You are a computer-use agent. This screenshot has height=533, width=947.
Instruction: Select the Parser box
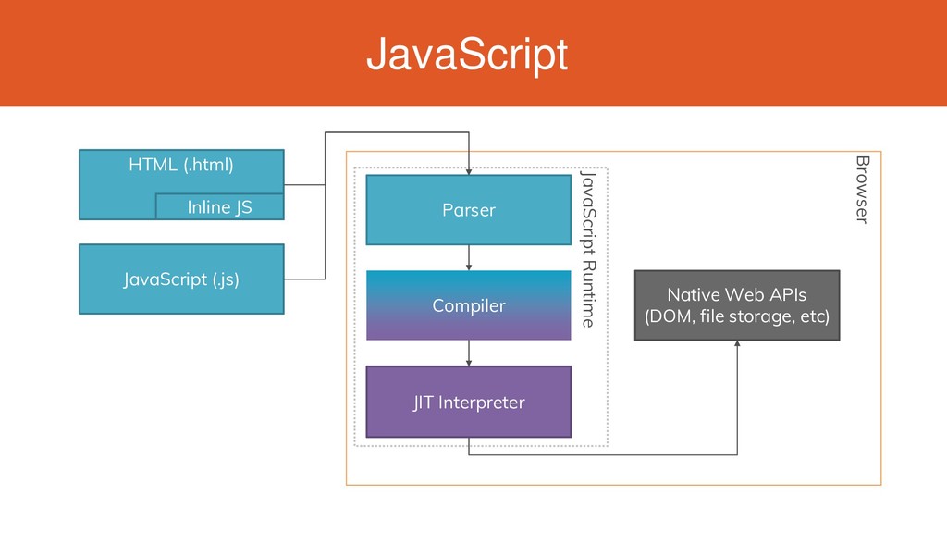click(469, 210)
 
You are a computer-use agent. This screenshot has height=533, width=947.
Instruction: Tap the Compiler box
click(469, 305)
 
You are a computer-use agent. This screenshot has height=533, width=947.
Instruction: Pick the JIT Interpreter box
click(469, 402)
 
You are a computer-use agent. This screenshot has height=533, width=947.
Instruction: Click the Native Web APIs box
click(737, 305)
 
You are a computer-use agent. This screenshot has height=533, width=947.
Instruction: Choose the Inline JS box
click(220, 206)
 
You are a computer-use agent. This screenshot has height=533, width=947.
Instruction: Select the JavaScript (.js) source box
click(181, 279)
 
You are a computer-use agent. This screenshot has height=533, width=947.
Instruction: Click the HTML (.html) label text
click(181, 165)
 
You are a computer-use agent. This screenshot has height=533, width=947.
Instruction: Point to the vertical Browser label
click(863, 189)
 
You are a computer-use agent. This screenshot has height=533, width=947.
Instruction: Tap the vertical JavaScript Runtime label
click(588, 249)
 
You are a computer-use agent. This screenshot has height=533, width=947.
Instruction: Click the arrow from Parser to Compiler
click(469, 257)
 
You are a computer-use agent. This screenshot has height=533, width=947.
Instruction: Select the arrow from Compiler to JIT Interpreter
click(469, 353)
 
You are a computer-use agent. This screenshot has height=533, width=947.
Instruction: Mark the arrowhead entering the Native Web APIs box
click(737, 344)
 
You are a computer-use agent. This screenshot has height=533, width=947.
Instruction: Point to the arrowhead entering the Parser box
click(469, 171)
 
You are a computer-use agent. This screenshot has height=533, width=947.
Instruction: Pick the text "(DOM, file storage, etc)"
click(737, 316)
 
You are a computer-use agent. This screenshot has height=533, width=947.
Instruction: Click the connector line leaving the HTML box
click(304, 184)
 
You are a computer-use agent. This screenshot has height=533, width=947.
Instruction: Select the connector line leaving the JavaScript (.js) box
click(304, 279)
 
